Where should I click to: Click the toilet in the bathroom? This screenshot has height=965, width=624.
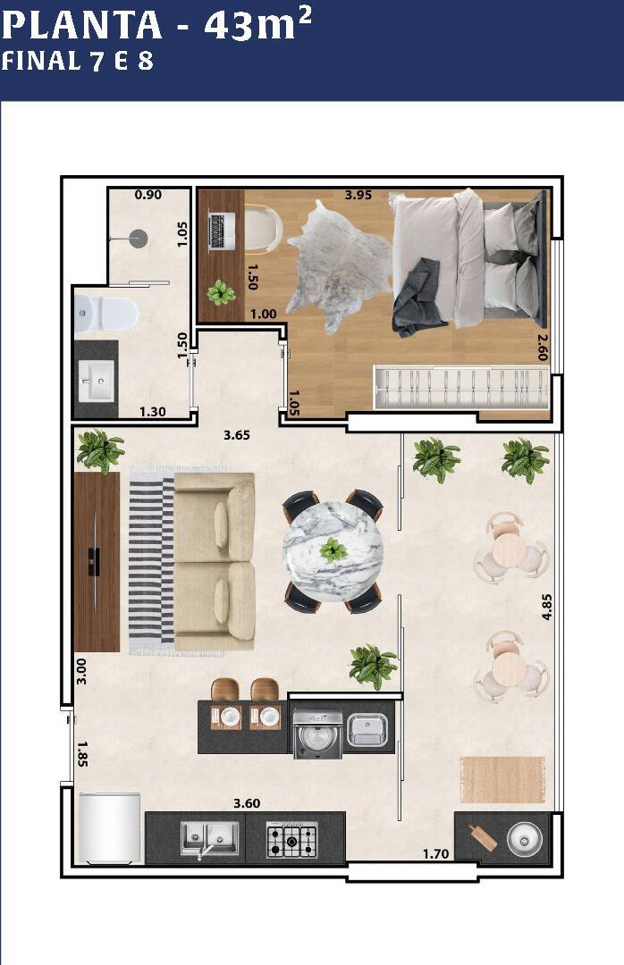[x=106, y=313]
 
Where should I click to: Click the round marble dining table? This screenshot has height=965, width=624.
[x=333, y=550]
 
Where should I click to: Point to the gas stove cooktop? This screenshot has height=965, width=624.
[x=292, y=840]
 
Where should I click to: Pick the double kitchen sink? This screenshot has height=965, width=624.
[x=209, y=838]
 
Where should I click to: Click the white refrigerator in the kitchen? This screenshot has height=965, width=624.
[x=109, y=827]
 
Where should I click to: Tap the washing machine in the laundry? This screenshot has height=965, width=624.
[x=318, y=734]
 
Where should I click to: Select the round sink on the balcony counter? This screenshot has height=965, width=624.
[x=524, y=838]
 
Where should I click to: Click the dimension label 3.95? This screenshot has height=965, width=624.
[x=358, y=195]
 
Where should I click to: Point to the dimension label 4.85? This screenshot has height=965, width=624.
[x=546, y=607]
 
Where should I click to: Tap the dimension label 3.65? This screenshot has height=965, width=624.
[x=237, y=435]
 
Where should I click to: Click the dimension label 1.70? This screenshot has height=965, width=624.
[x=435, y=853]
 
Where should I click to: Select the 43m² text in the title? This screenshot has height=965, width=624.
[x=257, y=25]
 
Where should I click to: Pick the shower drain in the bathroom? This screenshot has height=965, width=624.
[x=138, y=239]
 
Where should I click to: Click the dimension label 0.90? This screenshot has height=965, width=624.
[x=148, y=195]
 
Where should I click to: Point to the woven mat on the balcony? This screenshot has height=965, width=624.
[x=502, y=780]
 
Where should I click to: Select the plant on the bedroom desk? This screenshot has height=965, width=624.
[x=221, y=292]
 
